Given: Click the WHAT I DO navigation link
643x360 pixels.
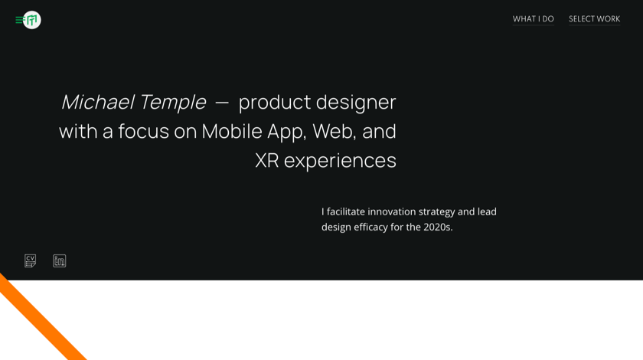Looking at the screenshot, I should (x=533, y=19).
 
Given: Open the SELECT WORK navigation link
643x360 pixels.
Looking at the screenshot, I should (x=594, y=19).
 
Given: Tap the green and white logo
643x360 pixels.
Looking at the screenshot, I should (x=31, y=20).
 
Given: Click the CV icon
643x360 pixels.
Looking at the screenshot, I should (x=31, y=261).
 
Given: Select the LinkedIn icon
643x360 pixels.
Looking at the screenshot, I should (x=60, y=261).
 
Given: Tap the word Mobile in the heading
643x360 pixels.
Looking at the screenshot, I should (x=232, y=132).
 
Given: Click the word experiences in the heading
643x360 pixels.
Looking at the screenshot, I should (x=340, y=161).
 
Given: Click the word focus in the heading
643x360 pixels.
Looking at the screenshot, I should (x=144, y=132).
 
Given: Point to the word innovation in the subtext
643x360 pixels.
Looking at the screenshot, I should (x=392, y=211).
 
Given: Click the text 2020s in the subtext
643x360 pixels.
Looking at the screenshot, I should (x=437, y=227).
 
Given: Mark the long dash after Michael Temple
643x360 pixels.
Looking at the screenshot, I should (x=222, y=103).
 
